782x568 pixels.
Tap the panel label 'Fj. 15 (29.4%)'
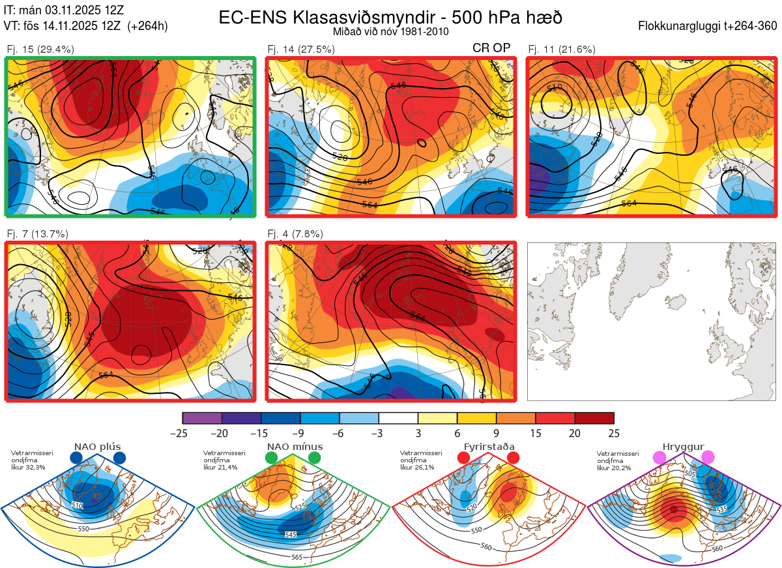pos(40,49)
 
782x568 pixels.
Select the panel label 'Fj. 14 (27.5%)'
pos(301,49)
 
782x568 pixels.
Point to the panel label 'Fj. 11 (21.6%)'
pos(561,49)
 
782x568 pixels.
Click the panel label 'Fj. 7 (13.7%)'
pos(37,233)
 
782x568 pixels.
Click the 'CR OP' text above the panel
pos(491,48)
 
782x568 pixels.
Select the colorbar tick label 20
pos(575,433)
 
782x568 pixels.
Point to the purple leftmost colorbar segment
pos(202,418)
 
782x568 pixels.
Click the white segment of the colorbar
pos(398,418)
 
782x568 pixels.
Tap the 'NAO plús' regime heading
pos(98,447)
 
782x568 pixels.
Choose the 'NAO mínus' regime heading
pos(295,447)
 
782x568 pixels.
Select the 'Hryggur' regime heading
pos(684,447)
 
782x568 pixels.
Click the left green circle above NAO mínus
pos(272,458)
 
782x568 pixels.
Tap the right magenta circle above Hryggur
pos(708,458)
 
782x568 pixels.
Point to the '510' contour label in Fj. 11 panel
pos(555,88)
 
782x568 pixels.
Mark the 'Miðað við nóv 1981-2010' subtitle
pos(390,31)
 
